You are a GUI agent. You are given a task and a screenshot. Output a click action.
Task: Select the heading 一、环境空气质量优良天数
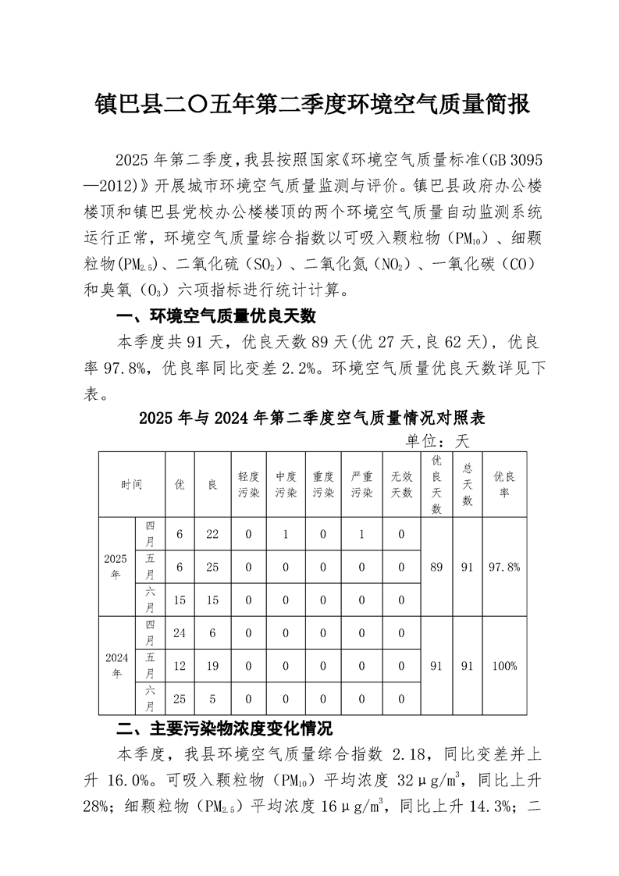[215, 317]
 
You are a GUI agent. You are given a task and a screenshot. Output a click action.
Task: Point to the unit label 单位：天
[436, 441]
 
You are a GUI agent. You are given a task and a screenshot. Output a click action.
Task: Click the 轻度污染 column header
[248, 484]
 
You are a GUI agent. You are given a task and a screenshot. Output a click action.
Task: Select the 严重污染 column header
[362, 484]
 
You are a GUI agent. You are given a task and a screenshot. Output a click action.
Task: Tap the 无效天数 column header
[401, 484]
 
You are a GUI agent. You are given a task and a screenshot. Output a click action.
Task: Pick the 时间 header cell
[131, 484]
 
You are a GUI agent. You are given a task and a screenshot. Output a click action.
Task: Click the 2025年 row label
[116, 567]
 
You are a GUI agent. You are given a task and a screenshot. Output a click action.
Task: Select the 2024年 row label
[116, 665]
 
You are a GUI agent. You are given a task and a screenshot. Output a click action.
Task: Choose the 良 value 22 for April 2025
[212, 534]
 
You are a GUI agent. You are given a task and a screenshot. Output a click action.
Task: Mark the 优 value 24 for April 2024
[180, 633]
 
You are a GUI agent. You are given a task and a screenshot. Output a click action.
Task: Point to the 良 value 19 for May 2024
[212, 666]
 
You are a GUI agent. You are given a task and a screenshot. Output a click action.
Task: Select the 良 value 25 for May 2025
[212, 567]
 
